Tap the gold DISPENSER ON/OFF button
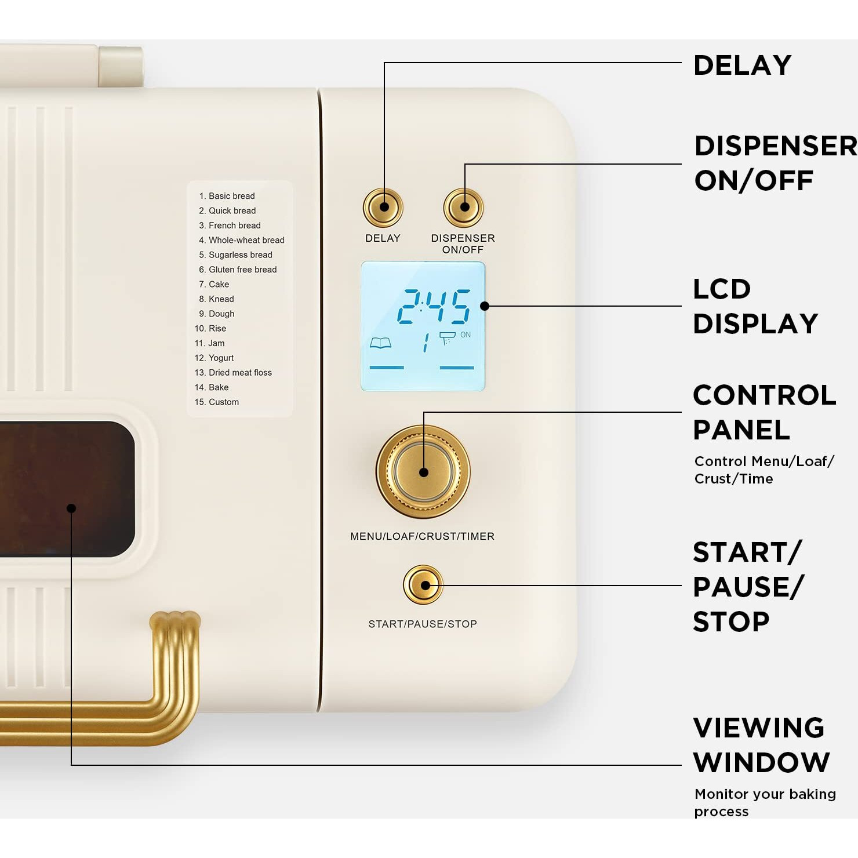[x=463, y=207]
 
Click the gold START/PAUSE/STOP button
[x=423, y=585]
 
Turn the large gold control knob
[x=423, y=472]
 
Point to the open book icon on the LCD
[x=380, y=343]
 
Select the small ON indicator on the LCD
[x=466, y=335]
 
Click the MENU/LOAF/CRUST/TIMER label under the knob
[x=422, y=536]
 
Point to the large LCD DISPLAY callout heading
[x=755, y=306]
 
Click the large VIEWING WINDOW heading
[x=761, y=745]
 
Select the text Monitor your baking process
[x=765, y=802]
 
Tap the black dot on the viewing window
[x=71, y=508]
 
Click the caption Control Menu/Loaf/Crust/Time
[x=764, y=470]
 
